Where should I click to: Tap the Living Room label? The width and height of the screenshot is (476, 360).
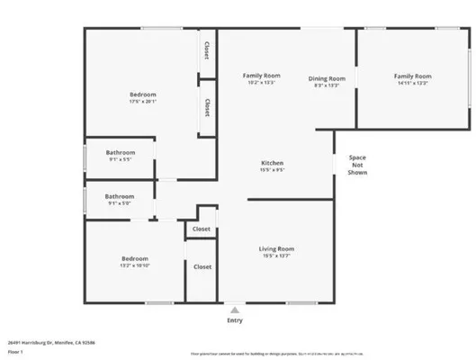coord(277,248)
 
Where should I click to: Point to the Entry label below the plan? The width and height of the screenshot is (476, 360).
coord(235,320)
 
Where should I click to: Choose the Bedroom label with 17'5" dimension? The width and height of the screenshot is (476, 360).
coord(142,94)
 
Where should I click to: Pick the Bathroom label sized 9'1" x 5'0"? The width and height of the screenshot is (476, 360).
coord(119,196)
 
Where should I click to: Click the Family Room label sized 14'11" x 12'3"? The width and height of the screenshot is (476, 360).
coord(412,76)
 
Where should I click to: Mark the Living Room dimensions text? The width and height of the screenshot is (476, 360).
coord(277,256)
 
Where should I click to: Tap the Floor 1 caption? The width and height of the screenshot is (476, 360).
coord(14,352)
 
